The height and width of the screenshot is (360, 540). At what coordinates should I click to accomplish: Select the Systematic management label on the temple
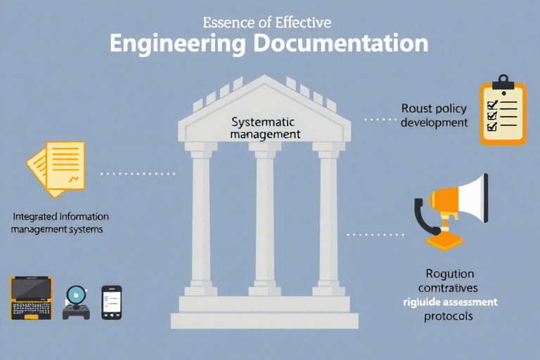coord(265,127)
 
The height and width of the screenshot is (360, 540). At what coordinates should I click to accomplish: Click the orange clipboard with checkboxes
coord(502,112)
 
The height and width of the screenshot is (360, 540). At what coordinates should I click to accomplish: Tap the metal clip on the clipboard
coord(501,79)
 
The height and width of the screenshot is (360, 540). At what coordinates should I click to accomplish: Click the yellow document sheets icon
coord(56,166)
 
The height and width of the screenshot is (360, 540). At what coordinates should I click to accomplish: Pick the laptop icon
coord(32,298)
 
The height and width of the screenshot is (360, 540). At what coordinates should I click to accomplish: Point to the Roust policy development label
coord(434,115)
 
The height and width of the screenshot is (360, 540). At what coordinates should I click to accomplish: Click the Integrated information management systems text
coord(60,222)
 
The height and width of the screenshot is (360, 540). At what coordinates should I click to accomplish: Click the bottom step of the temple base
coord(265,321)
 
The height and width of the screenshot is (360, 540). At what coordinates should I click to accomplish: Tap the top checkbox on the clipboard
coord(492,103)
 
